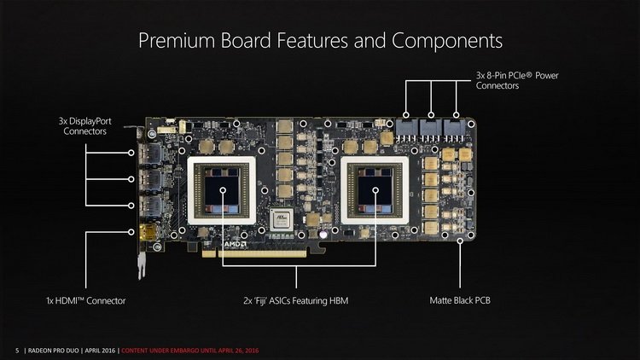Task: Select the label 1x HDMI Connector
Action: [86, 300]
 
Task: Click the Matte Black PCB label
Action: [462, 300]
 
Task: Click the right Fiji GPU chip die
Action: [375, 189]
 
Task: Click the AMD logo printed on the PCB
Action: [235, 243]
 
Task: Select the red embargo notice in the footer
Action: [188, 351]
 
